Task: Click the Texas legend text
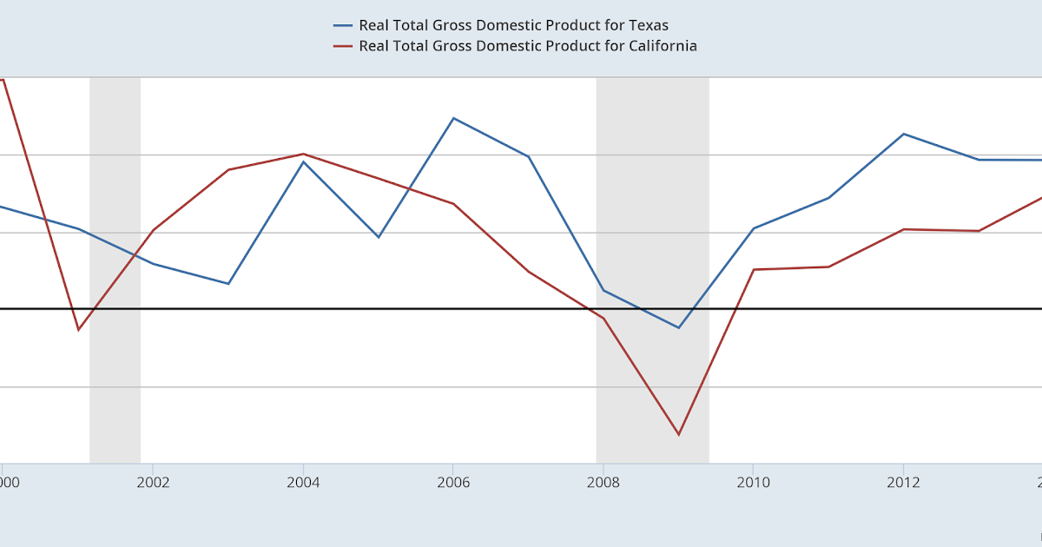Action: click(x=513, y=25)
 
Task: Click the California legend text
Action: click(x=528, y=46)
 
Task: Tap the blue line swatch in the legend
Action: click(x=343, y=25)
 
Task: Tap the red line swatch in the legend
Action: click(x=343, y=46)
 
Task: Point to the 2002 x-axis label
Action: click(x=152, y=483)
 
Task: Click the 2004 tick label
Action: click(x=302, y=483)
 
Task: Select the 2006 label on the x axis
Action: click(x=452, y=483)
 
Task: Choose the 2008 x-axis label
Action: click(x=603, y=483)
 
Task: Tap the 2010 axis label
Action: click(x=753, y=483)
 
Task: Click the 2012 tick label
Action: click(x=903, y=483)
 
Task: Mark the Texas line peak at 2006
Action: click(x=453, y=118)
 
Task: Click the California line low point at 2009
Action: click(x=678, y=434)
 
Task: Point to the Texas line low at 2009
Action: click(x=678, y=327)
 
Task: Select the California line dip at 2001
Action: click(x=78, y=330)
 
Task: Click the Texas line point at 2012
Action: click(x=904, y=134)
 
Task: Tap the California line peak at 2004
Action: click(x=303, y=154)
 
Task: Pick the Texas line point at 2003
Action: click(x=228, y=284)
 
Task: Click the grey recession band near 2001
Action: click(x=115, y=269)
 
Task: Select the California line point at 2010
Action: click(x=753, y=269)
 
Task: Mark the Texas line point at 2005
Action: click(x=378, y=237)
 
